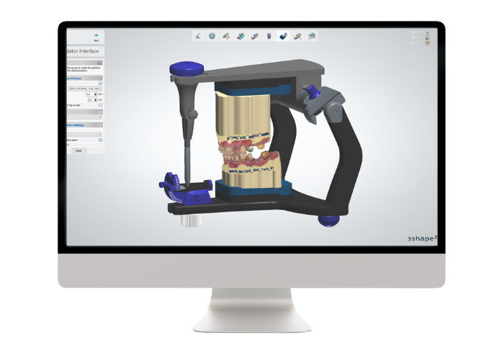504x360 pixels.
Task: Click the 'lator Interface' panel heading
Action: [x=86, y=52]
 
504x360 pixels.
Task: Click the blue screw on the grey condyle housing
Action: [x=310, y=92]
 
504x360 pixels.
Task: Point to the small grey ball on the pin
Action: [x=190, y=114]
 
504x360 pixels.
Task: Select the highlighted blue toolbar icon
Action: [x=283, y=35]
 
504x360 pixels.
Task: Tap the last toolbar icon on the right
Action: [x=312, y=35]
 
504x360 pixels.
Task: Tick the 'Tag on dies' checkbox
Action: [x=100, y=105]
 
